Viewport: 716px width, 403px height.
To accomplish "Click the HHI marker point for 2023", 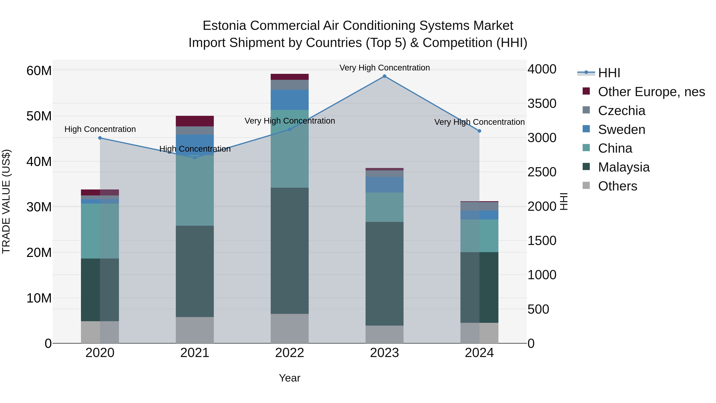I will click(384, 76).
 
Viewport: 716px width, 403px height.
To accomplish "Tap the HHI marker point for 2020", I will click(100, 138).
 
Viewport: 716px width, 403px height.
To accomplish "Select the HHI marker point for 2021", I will click(195, 158).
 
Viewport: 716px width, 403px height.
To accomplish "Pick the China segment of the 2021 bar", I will click(195, 190).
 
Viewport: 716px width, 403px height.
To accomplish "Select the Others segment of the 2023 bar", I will click(384, 334).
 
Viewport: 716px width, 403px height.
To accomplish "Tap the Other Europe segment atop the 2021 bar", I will click(195, 121).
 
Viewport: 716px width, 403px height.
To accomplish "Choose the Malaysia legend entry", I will click(624, 167).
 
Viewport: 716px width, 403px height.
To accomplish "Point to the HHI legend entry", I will click(609, 73).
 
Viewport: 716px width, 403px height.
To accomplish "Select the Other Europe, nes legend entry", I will click(651, 92).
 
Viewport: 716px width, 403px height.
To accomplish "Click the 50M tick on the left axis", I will click(39, 116).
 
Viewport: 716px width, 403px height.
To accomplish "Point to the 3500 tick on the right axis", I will click(542, 103).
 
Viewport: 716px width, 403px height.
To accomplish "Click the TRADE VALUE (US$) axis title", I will click(6, 201).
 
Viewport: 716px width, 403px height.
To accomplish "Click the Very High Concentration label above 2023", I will click(384, 68).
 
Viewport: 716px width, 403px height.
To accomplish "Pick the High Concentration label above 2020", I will click(100, 129).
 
